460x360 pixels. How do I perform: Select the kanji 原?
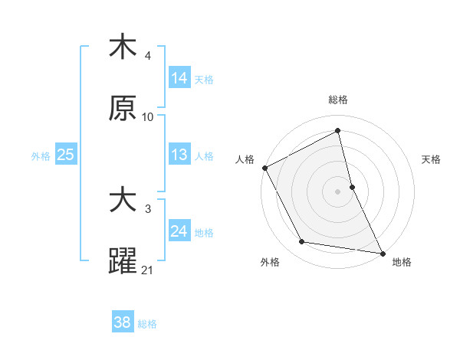tap(123, 110)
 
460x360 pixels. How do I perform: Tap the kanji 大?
tap(123, 201)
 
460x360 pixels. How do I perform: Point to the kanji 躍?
tap(123, 261)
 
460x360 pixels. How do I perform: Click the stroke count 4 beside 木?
tap(148, 56)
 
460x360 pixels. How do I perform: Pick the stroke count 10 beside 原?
tap(148, 117)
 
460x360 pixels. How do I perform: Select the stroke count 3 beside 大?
tap(148, 208)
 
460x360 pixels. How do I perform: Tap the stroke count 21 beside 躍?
tap(148, 270)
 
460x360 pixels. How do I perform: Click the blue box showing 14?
tap(179, 78)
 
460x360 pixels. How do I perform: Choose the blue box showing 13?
tap(179, 155)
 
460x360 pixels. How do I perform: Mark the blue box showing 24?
tap(179, 231)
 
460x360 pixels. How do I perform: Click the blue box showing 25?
tap(65, 155)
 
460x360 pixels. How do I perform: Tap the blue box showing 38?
tap(123, 323)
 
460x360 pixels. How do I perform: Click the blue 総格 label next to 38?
tap(147, 324)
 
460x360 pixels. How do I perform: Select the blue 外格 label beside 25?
tap(41, 156)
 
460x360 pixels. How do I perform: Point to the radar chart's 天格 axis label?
tap(432, 160)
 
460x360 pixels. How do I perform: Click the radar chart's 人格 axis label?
tap(245, 160)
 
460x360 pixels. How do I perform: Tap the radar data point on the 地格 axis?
tap(383, 253)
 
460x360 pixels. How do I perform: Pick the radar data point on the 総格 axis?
tap(338, 131)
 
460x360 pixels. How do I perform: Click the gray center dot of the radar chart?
tap(338, 191)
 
